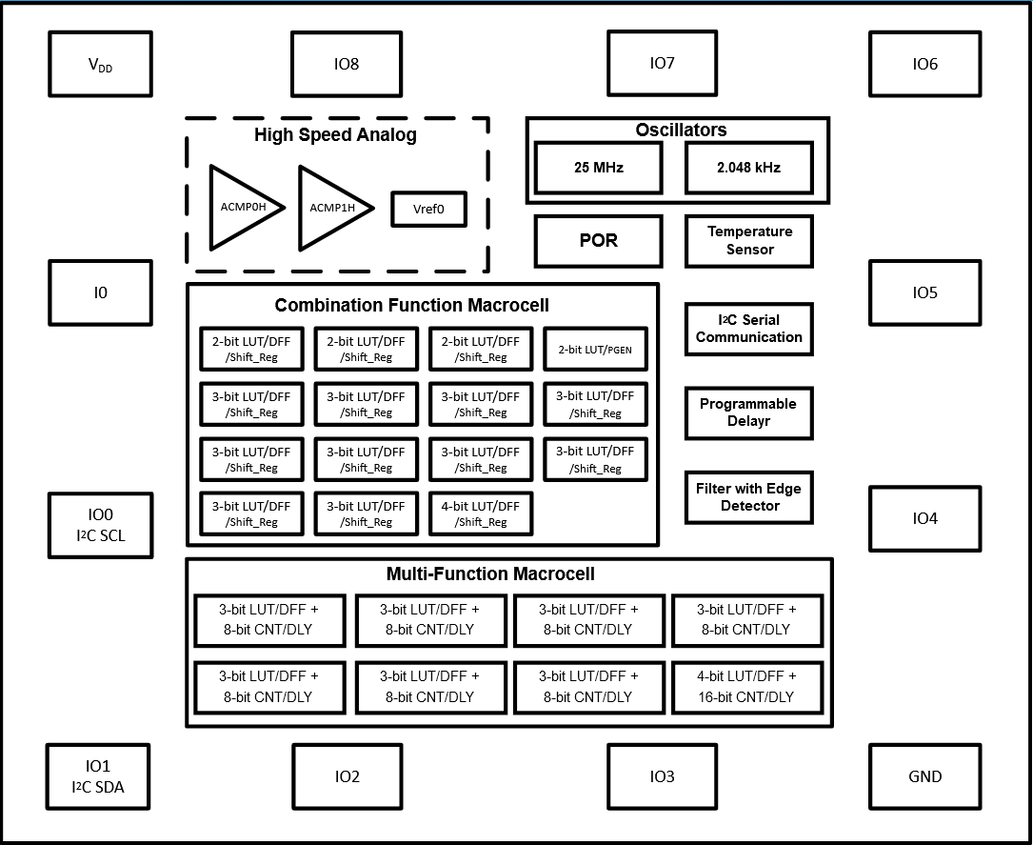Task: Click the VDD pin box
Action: pyautogui.click(x=100, y=65)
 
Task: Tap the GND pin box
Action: pyautogui.click(x=924, y=775)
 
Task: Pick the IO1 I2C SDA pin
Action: pyautogui.click(x=99, y=775)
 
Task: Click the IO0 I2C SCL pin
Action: pyautogui.click(x=100, y=525)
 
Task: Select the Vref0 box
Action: pyautogui.click(x=428, y=209)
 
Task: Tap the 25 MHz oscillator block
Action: pyautogui.click(x=598, y=168)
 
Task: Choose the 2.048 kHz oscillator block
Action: pyautogui.click(x=748, y=168)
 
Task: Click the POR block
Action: pyautogui.click(x=598, y=241)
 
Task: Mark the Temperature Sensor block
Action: pyautogui.click(x=749, y=241)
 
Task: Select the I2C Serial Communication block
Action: pyautogui.click(x=749, y=329)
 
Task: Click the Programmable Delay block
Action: pyautogui.click(x=749, y=412)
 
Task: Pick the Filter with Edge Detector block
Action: pyautogui.click(x=749, y=496)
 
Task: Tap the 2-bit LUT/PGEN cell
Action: pyautogui.click(x=595, y=350)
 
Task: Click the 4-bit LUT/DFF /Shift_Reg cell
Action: pyautogui.click(x=480, y=513)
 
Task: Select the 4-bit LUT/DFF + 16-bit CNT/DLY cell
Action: pyautogui.click(x=746, y=686)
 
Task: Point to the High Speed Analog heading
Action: pyautogui.click(x=335, y=135)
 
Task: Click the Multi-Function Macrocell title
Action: pyautogui.click(x=490, y=573)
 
